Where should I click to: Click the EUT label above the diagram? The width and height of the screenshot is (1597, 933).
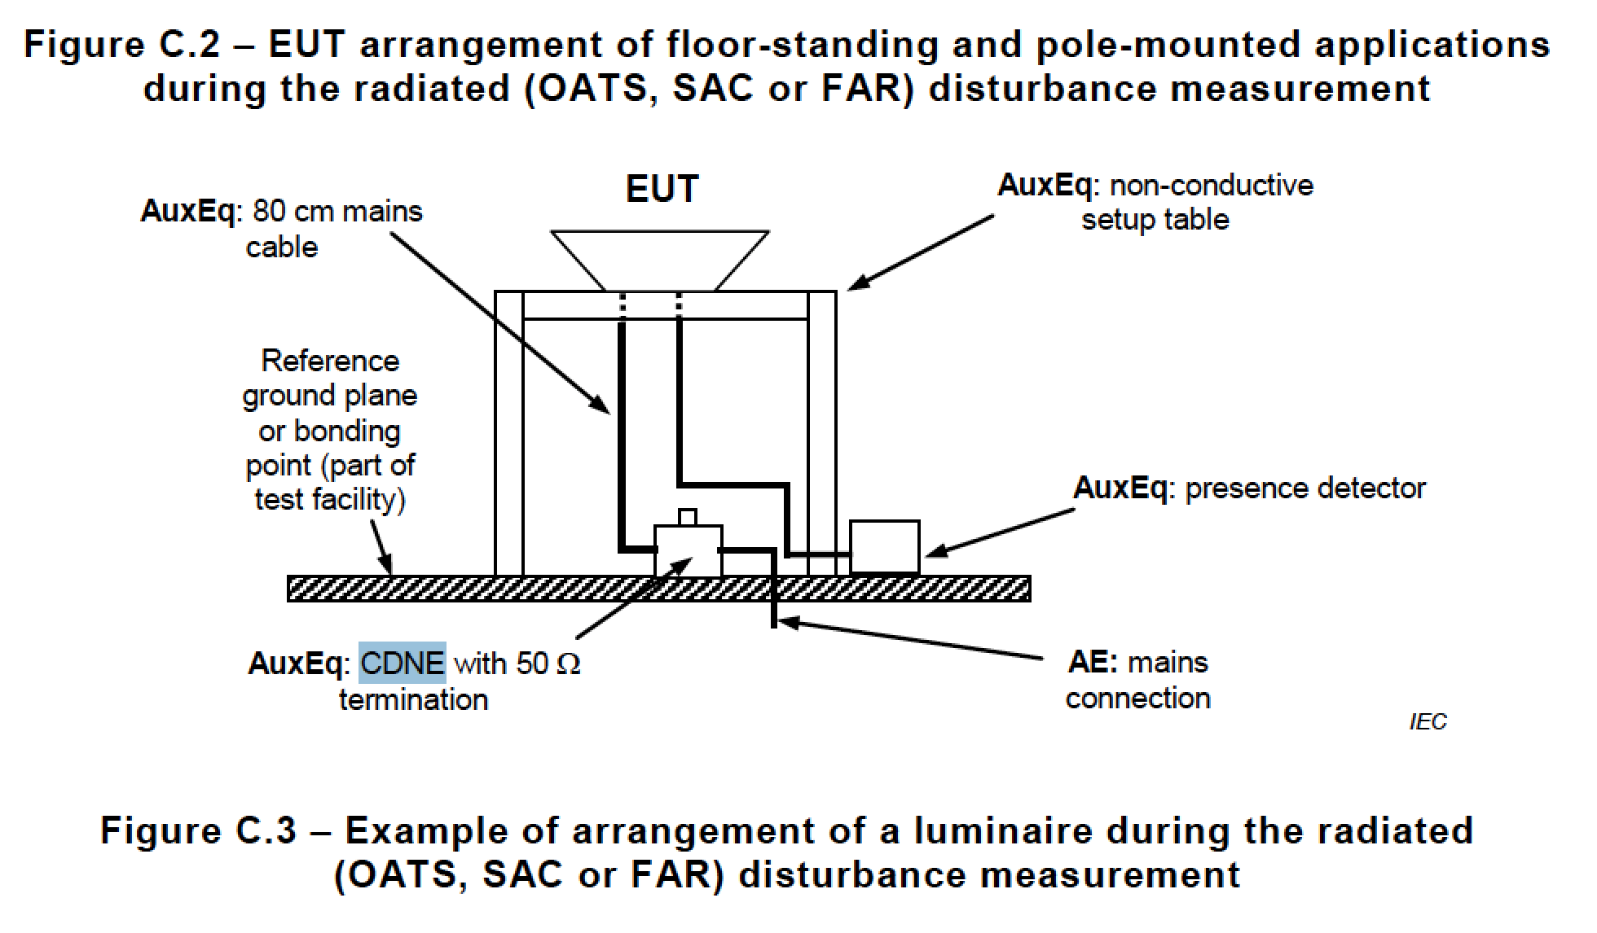tap(662, 189)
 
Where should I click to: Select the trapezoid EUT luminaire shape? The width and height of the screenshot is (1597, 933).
tap(659, 260)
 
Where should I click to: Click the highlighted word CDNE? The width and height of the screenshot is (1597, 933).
tap(403, 663)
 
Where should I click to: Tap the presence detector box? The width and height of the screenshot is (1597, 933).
tap(884, 547)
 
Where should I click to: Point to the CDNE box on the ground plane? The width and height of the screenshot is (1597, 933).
tap(688, 550)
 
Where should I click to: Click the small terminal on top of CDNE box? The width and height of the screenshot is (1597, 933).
tap(688, 517)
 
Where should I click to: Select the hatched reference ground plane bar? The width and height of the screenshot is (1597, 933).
tap(658, 588)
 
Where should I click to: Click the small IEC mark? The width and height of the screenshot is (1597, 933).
tap(1428, 722)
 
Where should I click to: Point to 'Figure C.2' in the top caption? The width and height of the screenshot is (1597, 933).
tap(121, 44)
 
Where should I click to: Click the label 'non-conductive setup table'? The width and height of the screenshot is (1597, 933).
tap(1155, 202)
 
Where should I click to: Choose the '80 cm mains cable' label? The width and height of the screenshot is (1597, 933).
tap(281, 229)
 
